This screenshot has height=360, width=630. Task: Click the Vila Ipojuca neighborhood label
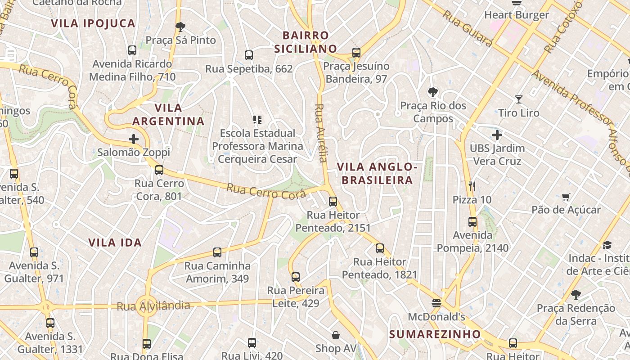[93, 23]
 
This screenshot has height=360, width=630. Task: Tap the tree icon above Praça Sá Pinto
[180, 27]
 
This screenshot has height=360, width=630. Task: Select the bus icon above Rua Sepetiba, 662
[249, 55]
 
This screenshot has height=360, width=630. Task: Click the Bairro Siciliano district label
[306, 42]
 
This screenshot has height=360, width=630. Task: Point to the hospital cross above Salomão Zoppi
[134, 139]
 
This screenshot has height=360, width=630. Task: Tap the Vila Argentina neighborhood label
[168, 114]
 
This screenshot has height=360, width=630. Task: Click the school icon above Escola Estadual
[257, 120]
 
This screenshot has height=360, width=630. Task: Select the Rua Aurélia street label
[320, 133]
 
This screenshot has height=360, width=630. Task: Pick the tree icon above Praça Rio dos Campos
[433, 92]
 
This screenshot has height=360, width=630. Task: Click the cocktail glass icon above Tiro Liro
[519, 99]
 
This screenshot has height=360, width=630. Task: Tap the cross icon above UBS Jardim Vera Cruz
[497, 135]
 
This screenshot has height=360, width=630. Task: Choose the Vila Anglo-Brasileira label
[377, 174]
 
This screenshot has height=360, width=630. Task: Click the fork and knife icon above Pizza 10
[472, 186]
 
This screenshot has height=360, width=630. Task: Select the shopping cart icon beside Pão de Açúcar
[566, 197]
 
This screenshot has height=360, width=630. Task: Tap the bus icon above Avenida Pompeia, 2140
[472, 222]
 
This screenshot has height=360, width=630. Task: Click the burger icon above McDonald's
[436, 303]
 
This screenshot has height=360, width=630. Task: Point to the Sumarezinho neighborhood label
[435, 334]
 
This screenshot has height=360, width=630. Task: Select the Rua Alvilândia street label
[153, 306]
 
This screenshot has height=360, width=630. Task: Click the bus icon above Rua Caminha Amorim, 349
[217, 252]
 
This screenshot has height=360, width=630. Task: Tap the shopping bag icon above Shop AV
[336, 335]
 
